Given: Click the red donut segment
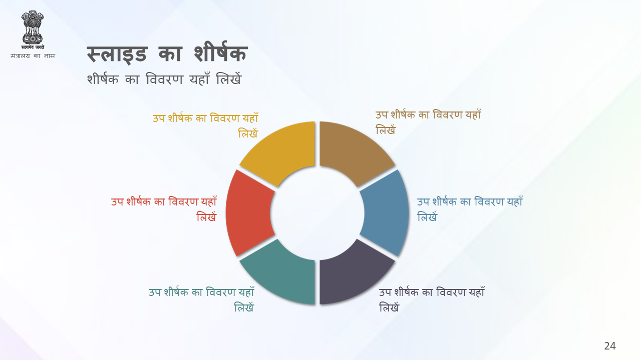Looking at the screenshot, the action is point(248,213).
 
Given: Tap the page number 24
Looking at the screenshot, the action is point(610,346).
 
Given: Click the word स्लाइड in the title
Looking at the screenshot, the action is point(117,54).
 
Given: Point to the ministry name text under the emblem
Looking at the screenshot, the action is point(33,55).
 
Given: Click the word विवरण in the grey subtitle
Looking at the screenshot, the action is point(164,79).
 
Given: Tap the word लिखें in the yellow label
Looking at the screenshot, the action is point(248,132).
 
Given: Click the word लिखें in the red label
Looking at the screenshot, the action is point(206,216).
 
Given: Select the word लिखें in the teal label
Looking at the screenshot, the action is point(244,306).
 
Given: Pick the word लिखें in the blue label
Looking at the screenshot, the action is point(427,216).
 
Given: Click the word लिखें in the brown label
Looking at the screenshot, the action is point(386,129).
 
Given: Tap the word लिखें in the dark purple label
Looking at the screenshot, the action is point(389,306).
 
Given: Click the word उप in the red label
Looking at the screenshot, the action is point(117,202).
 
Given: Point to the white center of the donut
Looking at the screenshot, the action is point(317,213).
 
